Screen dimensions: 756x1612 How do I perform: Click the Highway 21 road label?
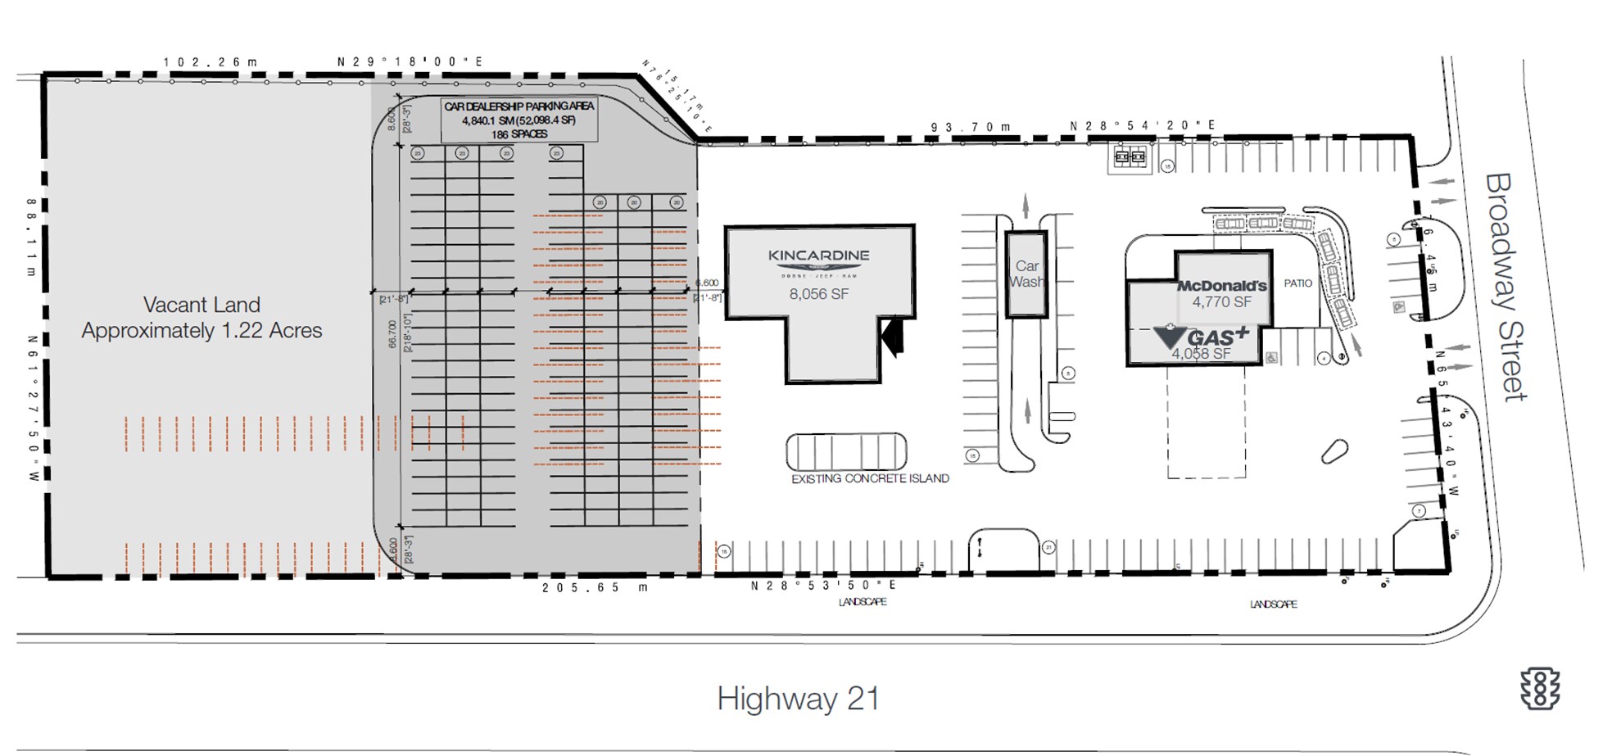pyautogui.click(x=799, y=699)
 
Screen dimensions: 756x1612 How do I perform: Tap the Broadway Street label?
pyautogui.click(x=1506, y=287)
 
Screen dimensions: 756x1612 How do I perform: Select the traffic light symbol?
pyautogui.click(x=1540, y=688)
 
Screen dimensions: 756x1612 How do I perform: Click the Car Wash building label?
pyautogui.click(x=1026, y=274)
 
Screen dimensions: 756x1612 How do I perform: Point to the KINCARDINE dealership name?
pyautogui.click(x=818, y=256)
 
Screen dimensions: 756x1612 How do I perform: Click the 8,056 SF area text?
pyautogui.click(x=818, y=294)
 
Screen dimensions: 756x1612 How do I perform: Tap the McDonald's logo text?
pyautogui.click(x=1221, y=286)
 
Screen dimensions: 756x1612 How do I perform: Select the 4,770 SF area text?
pyautogui.click(x=1221, y=302)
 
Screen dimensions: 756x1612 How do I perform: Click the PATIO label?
pyautogui.click(x=1297, y=283)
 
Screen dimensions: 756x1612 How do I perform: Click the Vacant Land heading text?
pyautogui.click(x=201, y=305)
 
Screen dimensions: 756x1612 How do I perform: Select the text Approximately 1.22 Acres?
pyautogui.click(x=201, y=331)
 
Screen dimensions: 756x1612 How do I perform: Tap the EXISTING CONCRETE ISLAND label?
pyautogui.click(x=870, y=478)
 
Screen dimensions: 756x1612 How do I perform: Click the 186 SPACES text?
pyautogui.click(x=518, y=134)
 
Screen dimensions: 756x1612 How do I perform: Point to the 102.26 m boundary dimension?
pyautogui.click(x=210, y=62)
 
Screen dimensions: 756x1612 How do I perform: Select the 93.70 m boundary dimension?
pyautogui.click(x=971, y=127)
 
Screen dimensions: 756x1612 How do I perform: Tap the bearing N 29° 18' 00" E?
pyautogui.click(x=410, y=61)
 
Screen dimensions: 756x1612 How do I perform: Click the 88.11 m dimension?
pyautogui.click(x=31, y=237)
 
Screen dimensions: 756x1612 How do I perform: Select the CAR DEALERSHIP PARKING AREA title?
pyautogui.click(x=518, y=106)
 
